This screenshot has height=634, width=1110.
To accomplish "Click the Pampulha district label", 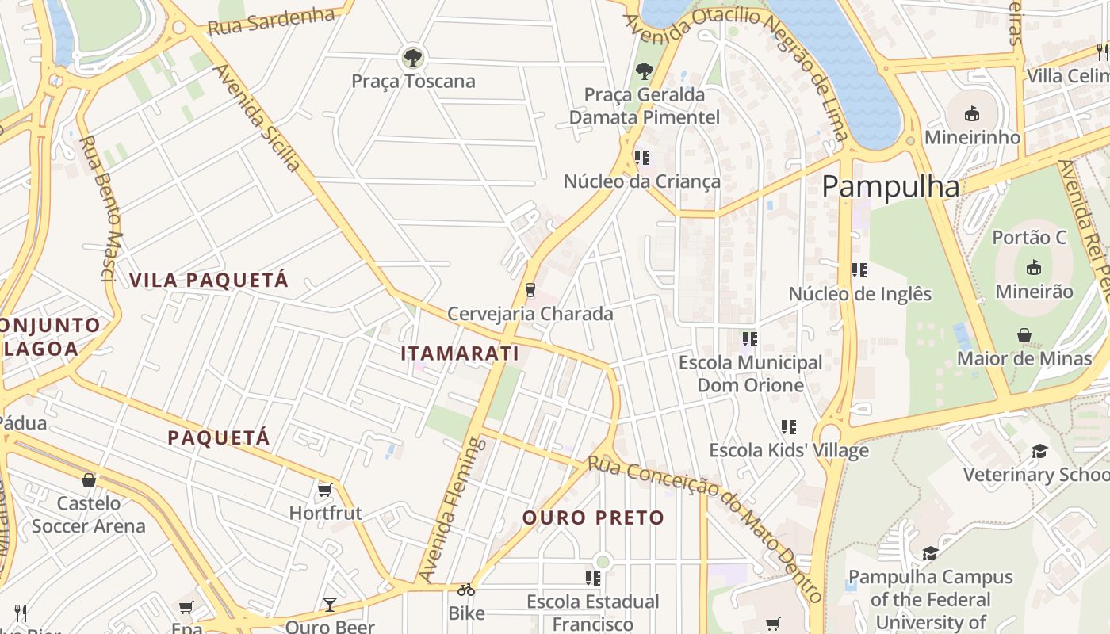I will coord(890,187).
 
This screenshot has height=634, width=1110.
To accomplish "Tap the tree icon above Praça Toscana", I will coord(412,57).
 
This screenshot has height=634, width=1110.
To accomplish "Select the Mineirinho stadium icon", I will coord(972,114).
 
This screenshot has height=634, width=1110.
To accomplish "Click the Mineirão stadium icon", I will coord(1033,268).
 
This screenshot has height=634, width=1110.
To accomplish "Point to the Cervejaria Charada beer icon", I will coord(530,290).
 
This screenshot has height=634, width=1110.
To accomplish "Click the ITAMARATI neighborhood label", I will coord(460,353).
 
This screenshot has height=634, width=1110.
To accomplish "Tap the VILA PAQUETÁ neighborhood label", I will coord(209,280).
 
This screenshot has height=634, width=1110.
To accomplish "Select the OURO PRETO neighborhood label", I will coord(593,518).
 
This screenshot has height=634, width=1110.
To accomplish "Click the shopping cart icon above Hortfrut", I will coord(324,490).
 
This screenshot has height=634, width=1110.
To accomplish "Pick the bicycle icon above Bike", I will coord(466,590).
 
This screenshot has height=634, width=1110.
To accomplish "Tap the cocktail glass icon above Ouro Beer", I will coord(330,605).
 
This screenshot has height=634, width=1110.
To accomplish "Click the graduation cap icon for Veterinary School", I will coord(1039,452).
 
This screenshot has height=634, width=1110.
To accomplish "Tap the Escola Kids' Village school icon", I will coord(788,427).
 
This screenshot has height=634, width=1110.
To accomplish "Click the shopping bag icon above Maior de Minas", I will coord(1024,335).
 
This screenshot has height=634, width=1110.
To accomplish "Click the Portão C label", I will coord(1029,238).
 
